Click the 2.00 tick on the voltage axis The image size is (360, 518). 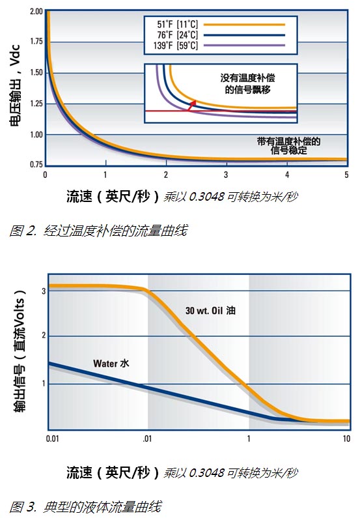(35, 12)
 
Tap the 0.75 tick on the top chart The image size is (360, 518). (35, 164)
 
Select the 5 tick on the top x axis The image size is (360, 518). (346, 175)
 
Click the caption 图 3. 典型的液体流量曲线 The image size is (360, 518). (85, 506)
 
